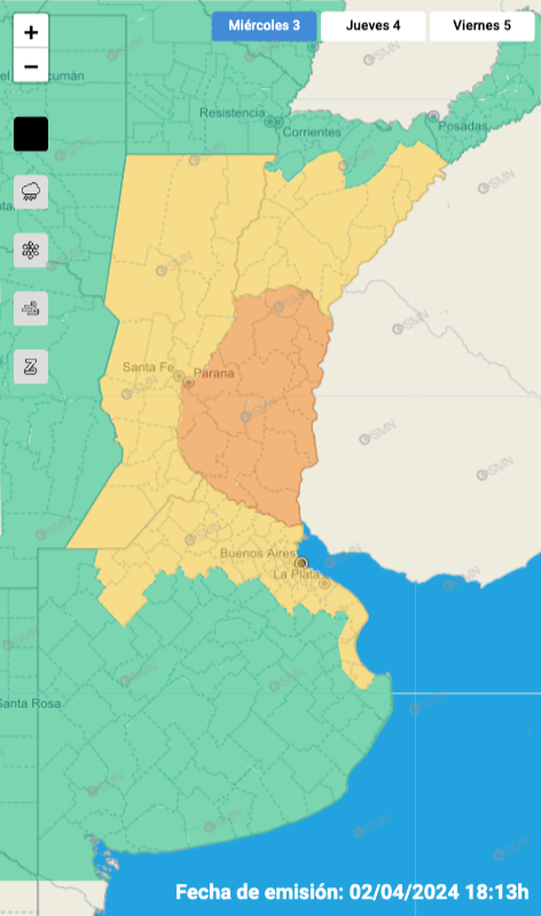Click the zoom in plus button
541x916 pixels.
pyautogui.click(x=31, y=33)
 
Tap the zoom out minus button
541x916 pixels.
pyautogui.click(x=31, y=66)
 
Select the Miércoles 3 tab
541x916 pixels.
pyautogui.click(x=264, y=26)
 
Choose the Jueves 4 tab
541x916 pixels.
pyautogui.click(x=373, y=26)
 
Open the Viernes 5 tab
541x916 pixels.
pyautogui.click(x=482, y=26)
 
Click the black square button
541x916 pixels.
pyautogui.click(x=31, y=135)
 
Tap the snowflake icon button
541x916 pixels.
pyautogui.click(x=31, y=250)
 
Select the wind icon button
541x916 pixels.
pyautogui.click(x=31, y=308)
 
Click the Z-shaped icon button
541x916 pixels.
pyautogui.click(x=31, y=366)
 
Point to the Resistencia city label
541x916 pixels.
pyautogui.click(x=232, y=113)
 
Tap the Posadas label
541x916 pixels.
pyautogui.click(x=462, y=127)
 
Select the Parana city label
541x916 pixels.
pyautogui.click(x=214, y=374)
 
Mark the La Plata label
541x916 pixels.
pyautogui.click(x=294, y=574)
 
